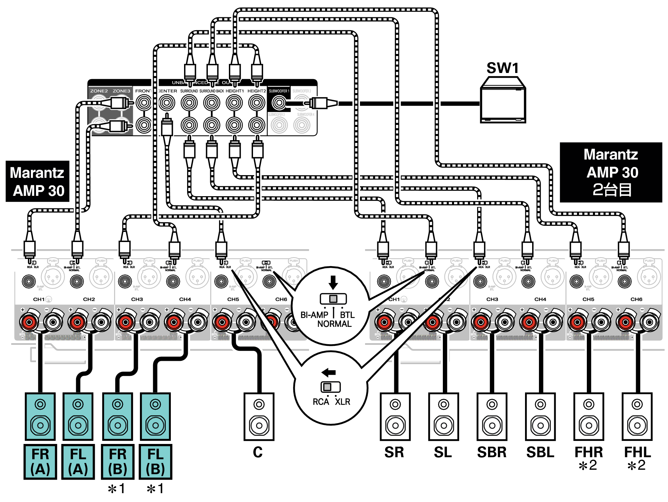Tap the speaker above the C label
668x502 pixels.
point(259,416)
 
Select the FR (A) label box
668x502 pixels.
point(40,462)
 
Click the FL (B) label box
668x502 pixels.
point(156,462)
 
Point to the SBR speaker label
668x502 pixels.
point(491,452)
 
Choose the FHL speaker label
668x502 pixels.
point(637,452)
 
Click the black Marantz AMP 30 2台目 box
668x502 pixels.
point(611,172)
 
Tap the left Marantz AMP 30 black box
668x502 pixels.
point(37,181)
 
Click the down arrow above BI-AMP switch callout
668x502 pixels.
point(333,282)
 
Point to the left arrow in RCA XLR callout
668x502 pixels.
point(329,372)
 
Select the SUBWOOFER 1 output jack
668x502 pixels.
point(279,103)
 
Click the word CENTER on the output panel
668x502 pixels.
point(168,91)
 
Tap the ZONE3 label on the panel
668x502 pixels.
point(121,91)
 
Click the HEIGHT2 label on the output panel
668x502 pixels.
point(256,91)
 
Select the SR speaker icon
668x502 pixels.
point(395,416)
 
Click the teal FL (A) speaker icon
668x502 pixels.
point(78,416)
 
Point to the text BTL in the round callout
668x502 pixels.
point(347,315)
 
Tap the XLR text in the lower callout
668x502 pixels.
point(342,402)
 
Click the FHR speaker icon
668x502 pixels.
point(589,416)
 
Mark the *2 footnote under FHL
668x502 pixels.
point(636,465)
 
